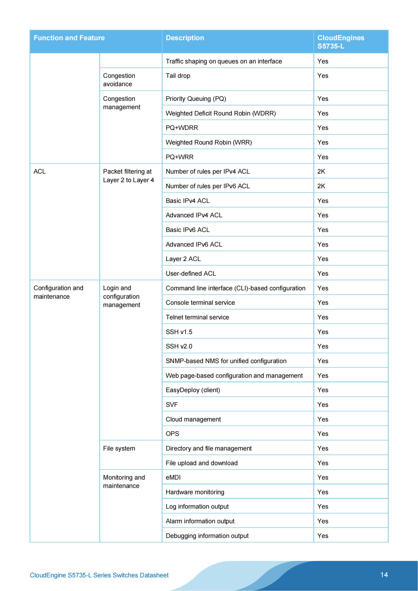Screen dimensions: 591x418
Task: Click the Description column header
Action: pyautogui.click(x=185, y=38)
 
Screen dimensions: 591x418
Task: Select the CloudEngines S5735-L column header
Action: pyautogui.click(x=340, y=42)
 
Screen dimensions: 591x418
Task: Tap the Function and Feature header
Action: pyautogui.click(x=69, y=38)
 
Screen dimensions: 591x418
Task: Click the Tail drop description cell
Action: pyautogui.click(x=178, y=76)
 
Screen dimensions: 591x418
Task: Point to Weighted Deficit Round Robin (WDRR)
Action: pyautogui.click(x=221, y=113)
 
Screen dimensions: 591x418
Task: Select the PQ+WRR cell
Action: pyautogui.click(x=179, y=157)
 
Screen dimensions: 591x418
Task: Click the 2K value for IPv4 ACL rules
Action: pyautogui.click(x=321, y=171)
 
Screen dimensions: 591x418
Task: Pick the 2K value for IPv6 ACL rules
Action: pyautogui.click(x=321, y=186)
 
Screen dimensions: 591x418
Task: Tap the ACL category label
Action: pyautogui.click(x=40, y=171)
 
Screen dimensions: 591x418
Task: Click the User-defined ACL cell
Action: pyautogui.click(x=191, y=273)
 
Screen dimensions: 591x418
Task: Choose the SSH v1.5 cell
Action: pyautogui.click(x=179, y=332)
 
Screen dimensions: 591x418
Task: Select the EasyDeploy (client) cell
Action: pyautogui.click(x=193, y=390)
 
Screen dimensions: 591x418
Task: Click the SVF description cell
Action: pyautogui.click(x=172, y=405)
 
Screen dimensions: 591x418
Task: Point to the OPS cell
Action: pyautogui.click(x=172, y=434)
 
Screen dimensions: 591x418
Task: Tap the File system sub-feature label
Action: pyautogui.click(x=119, y=448)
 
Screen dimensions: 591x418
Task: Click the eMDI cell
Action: pyautogui.click(x=173, y=478)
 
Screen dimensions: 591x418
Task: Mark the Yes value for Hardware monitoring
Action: pyautogui.click(x=322, y=492)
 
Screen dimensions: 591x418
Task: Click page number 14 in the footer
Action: pyautogui.click(x=384, y=575)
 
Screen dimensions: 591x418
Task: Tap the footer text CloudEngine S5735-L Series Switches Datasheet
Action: pyautogui.click(x=99, y=575)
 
